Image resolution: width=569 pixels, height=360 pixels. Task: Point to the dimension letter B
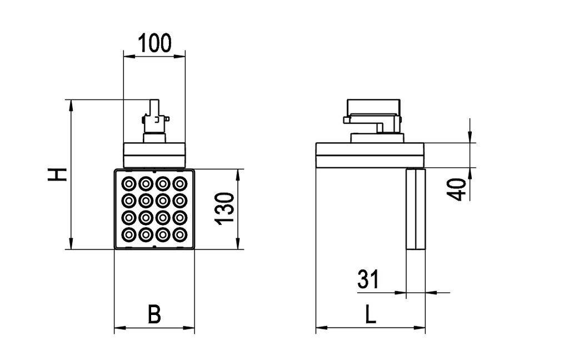154,314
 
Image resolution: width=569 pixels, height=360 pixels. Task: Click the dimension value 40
458,189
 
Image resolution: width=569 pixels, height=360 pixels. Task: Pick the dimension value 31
368,279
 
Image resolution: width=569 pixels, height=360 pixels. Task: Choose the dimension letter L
371,315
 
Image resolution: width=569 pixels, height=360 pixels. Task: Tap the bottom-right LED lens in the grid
179,234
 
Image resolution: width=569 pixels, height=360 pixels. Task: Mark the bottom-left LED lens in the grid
129,234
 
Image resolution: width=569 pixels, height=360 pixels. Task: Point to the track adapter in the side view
373,117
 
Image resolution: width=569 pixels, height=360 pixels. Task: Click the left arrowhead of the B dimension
118,328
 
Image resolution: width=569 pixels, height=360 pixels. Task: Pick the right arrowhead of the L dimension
422,328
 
